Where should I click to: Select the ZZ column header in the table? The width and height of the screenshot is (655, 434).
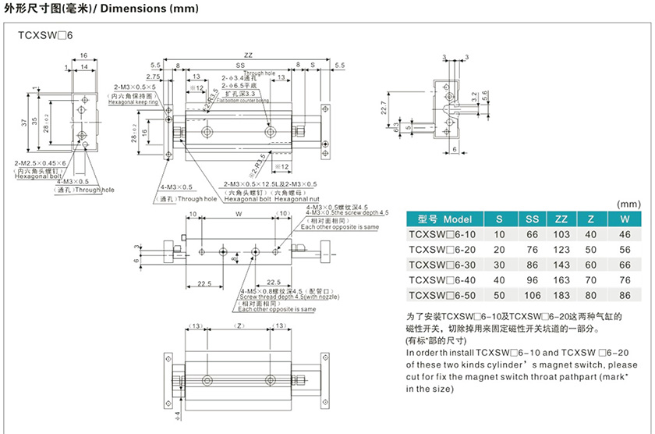(561, 219)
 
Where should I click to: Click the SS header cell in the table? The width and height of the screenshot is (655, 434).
(531, 219)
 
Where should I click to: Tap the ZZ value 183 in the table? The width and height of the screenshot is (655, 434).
(561, 295)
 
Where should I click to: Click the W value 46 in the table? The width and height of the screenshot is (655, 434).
(624, 234)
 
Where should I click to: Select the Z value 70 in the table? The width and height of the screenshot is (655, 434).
(592, 280)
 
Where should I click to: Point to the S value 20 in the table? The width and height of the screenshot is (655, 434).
(500, 250)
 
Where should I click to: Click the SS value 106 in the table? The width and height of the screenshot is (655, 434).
(531, 295)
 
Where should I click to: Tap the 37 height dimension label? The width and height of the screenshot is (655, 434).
(34, 121)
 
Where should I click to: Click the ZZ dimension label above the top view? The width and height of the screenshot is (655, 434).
(247, 55)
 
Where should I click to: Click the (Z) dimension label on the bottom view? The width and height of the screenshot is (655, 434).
(239, 325)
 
